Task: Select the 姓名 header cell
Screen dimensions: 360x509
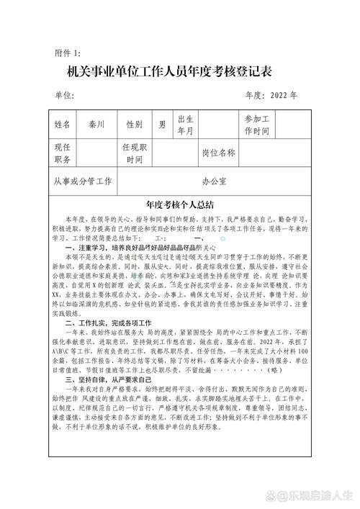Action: tap(63, 124)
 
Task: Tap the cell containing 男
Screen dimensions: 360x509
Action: tap(162, 124)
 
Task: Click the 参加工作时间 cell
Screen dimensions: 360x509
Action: tap(257, 124)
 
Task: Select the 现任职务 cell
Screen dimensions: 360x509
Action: tap(63, 153)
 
